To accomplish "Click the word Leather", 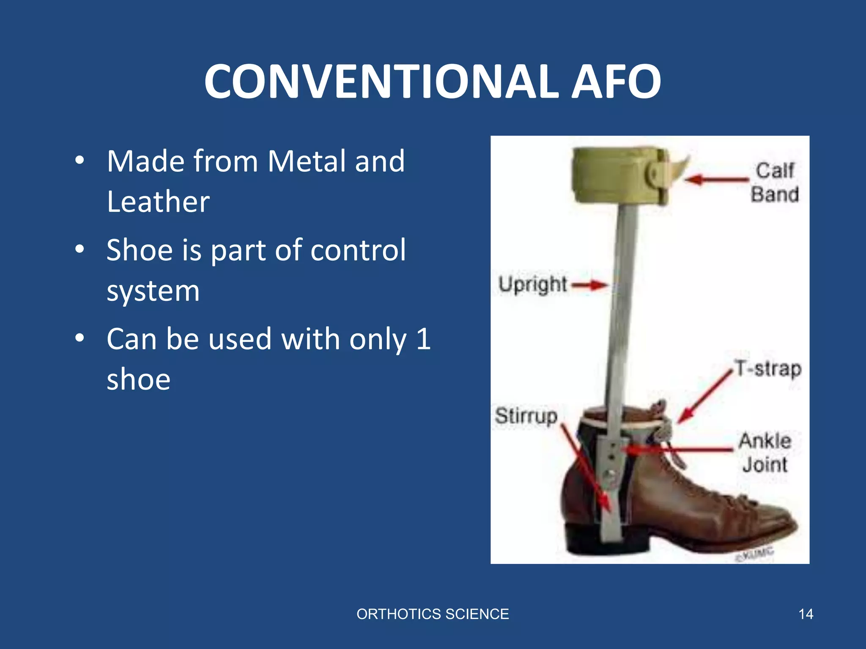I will point(158,202).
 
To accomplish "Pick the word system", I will point(153,291).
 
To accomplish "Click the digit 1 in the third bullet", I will point(423,339).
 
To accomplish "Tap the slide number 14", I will point(806,614).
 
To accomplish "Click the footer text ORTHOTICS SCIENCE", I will point(433,614).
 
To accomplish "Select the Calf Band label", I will point(775,183).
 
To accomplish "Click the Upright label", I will point(532,284).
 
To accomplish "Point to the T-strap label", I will point(768,368).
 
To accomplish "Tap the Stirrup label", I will point(526,416).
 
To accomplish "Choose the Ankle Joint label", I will point(765,453).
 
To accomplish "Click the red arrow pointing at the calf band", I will point(715,180).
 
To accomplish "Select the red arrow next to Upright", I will point(589,285).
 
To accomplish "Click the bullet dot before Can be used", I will point(79,338).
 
